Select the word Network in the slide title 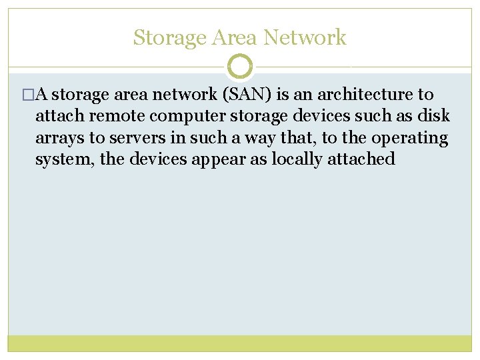[x=305, y=38]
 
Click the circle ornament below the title [x=240, y=67]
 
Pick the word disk [x=435, y=117]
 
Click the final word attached [x=361, y=160]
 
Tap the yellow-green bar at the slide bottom [x=240, y=343]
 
